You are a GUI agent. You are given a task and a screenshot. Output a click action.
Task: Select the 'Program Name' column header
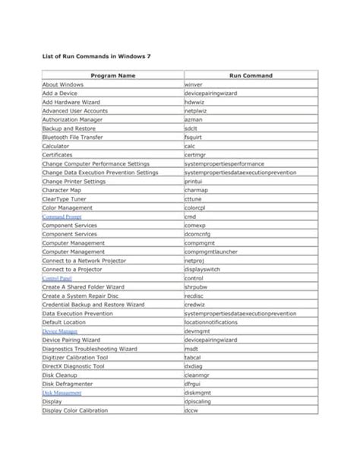tap(112, 75)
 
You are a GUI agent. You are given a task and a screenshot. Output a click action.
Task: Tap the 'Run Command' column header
tap(250, 75)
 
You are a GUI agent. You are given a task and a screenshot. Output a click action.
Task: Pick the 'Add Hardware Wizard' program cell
tap(71, 102)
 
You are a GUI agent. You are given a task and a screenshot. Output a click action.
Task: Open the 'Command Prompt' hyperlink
tap(62, 217)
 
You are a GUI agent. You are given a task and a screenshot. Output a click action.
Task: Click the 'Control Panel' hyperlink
tap(57, 279)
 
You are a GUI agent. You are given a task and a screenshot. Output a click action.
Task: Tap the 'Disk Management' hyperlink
tap(62, 393)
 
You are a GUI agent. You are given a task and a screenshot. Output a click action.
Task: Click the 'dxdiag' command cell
tap(193, 366)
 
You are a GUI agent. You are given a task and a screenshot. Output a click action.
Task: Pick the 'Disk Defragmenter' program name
tap(69, 384)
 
